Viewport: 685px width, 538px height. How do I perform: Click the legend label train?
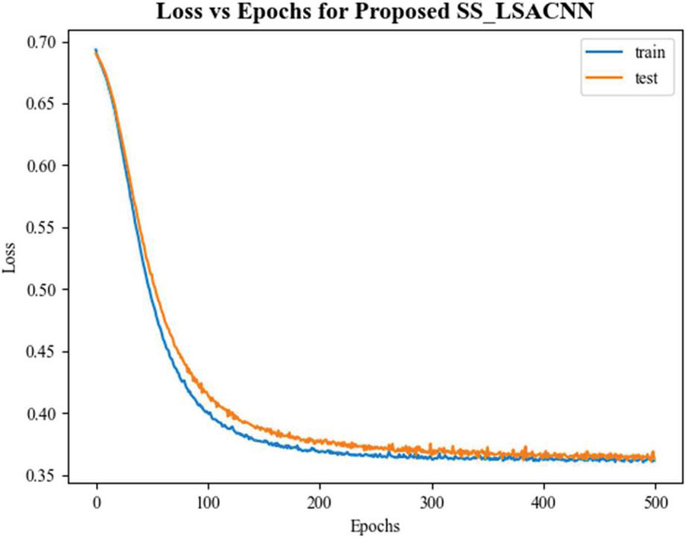pos(651,53)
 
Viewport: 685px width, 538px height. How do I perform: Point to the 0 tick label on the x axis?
pos(97,503)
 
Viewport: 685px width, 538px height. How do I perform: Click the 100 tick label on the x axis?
pos(208,503)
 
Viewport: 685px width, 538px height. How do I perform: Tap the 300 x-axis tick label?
pos(432,503)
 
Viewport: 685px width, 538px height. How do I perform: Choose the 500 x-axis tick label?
pos(655,503)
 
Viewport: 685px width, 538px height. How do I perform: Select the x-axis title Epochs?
pos(374,526)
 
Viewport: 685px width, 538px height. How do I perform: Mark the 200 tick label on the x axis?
pos(320,503)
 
